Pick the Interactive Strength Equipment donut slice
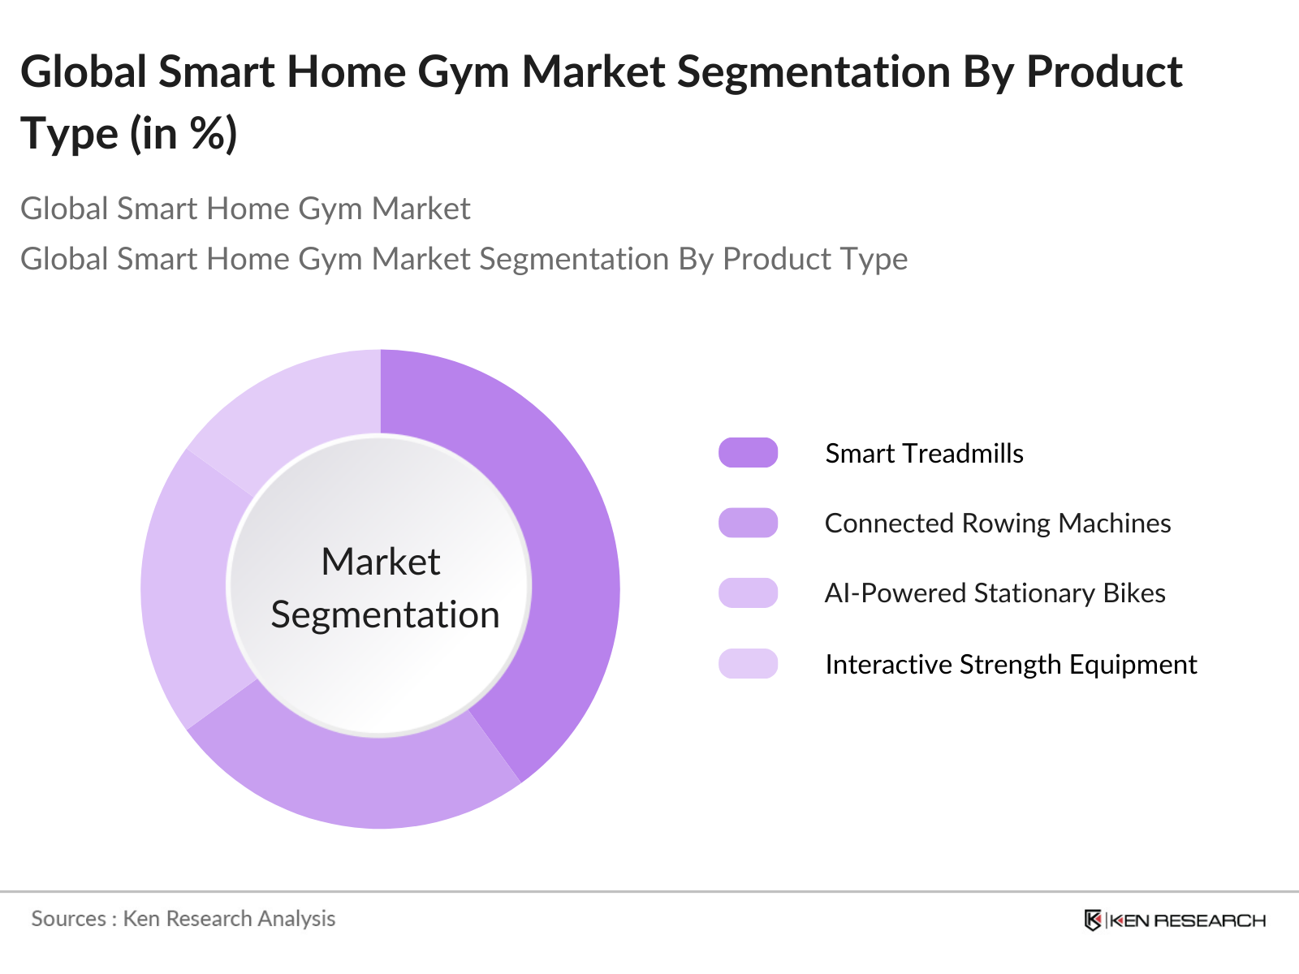[300, 406]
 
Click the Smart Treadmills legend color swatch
[748, 453]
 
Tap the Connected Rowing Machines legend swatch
[748, 523]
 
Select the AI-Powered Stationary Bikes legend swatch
[748, 593]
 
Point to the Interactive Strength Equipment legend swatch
[748, 664]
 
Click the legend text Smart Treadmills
[924, 453]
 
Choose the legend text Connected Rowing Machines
[997, 523]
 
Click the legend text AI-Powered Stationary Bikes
[995, 593]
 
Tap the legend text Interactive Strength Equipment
[1011, 664]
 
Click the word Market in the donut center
[380, 562]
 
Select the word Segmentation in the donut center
[385, 614]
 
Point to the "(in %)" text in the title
[183, 134]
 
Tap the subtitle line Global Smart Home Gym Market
[245, 209]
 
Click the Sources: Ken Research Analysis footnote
[183, 919]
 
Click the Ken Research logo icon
[1093, 920]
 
